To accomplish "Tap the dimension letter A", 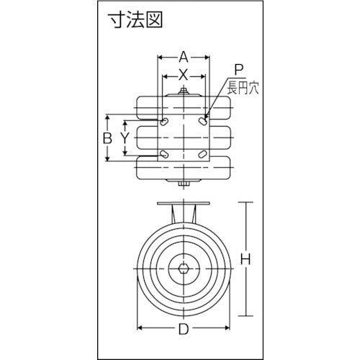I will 184,55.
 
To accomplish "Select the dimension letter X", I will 184,73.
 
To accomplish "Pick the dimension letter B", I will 106,137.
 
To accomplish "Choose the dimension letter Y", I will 125,137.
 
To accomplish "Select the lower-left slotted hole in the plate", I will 165,153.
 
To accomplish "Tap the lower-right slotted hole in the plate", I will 203,153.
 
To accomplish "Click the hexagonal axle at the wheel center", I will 184,269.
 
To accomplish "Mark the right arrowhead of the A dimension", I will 209,55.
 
